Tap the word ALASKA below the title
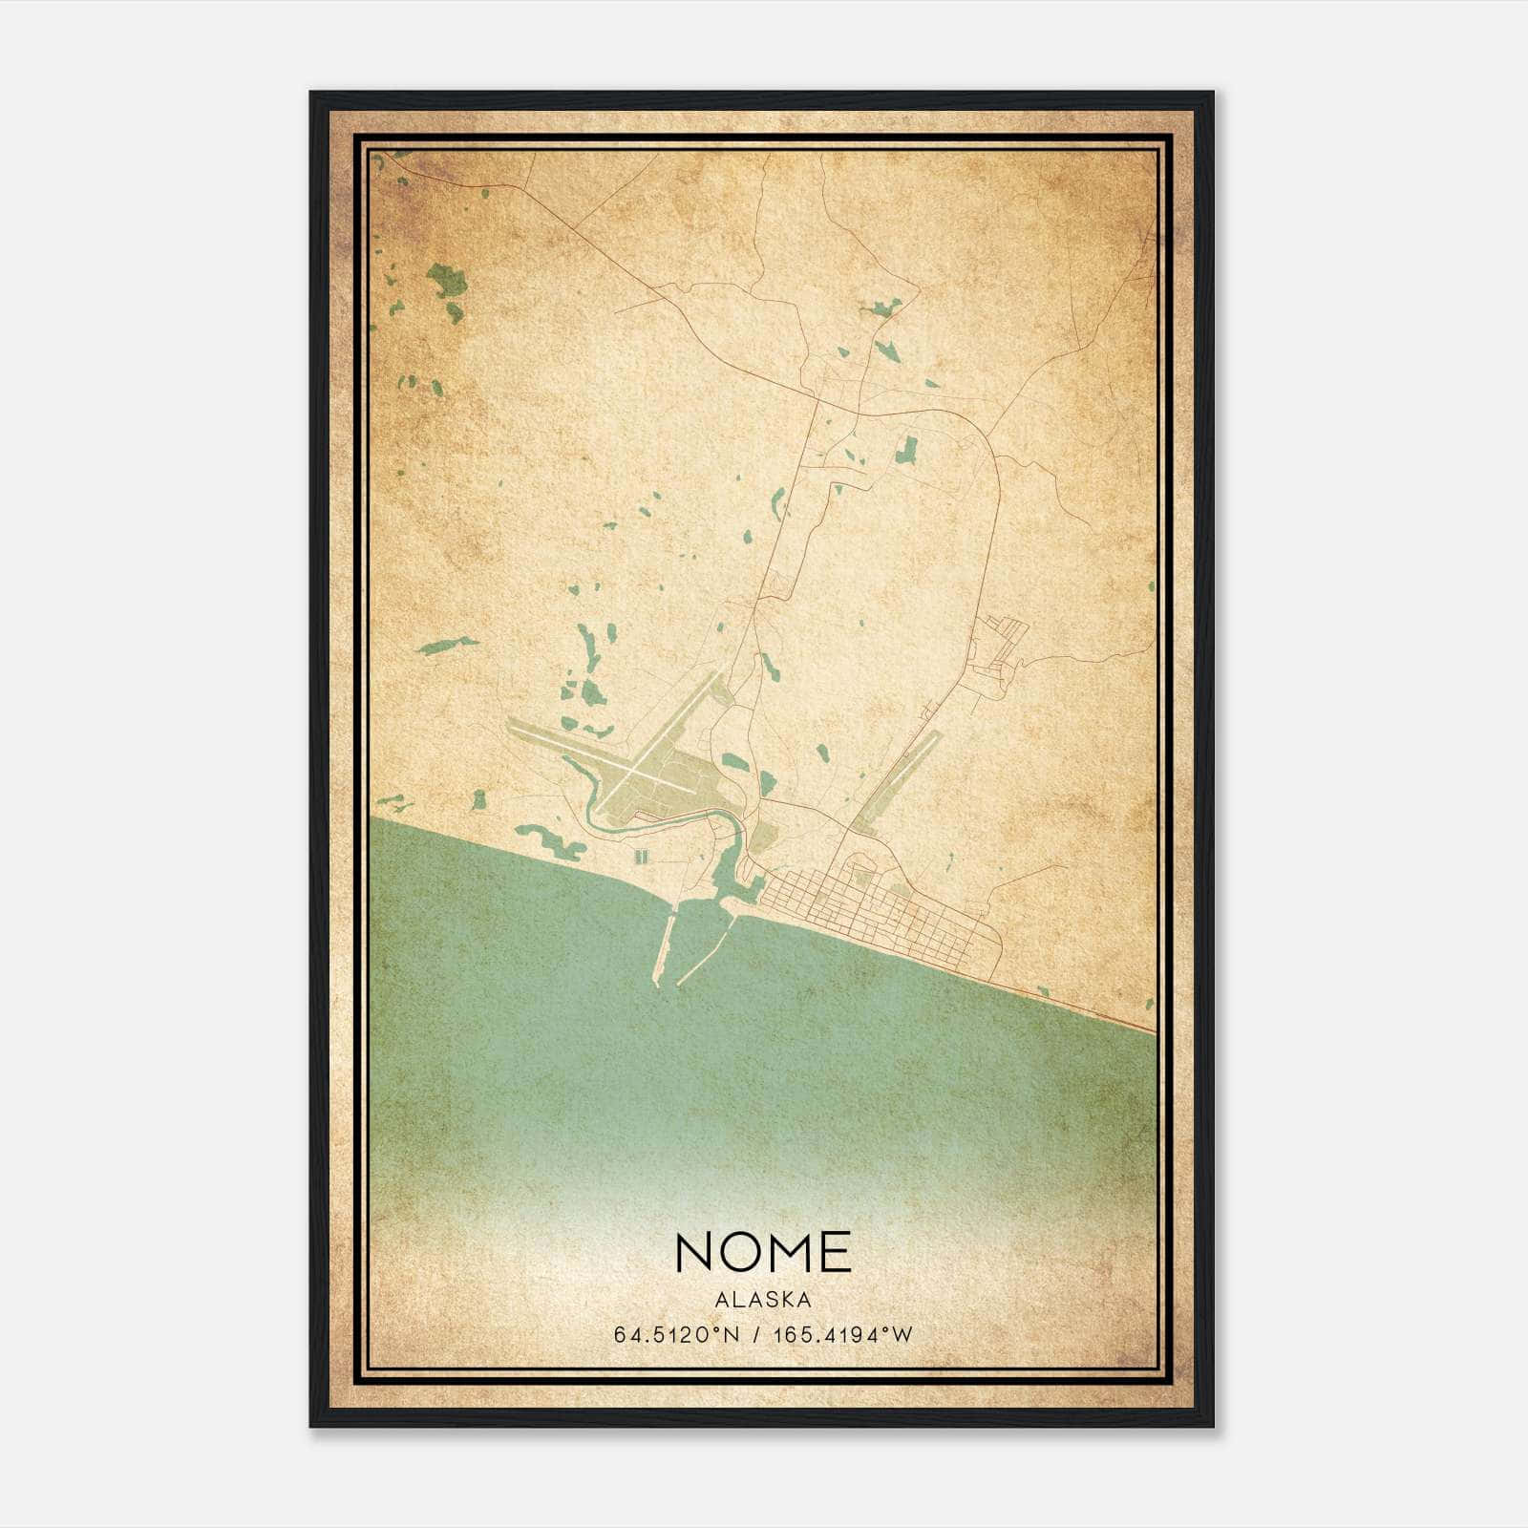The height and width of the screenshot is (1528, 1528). tap(763, 1300)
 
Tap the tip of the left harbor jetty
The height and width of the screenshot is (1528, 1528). tap(657, 981)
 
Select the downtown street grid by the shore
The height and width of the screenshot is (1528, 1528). tap(859, 912)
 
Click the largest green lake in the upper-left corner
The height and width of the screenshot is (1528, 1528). tap(447, 281)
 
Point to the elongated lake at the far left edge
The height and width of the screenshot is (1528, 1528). tap(447, 645)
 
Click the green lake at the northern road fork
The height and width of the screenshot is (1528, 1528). tap(882, 308)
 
